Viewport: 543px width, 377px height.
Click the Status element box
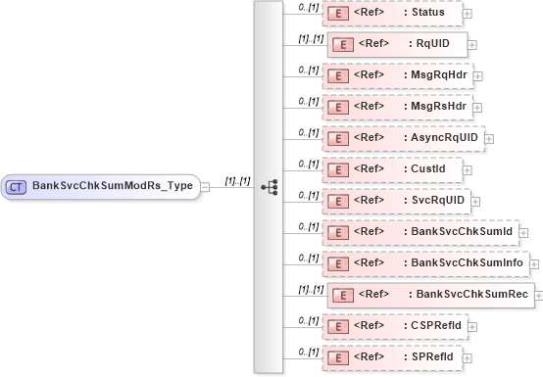click(392, 13)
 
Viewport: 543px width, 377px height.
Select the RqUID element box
click(397, 44)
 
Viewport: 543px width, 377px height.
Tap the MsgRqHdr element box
click(402, 74)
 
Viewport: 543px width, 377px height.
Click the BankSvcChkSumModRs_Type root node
click(103, 185)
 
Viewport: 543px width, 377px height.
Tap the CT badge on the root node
click(17, 185)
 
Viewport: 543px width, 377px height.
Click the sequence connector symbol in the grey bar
click(269, 185)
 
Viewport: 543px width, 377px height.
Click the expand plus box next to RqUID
click(473, 44)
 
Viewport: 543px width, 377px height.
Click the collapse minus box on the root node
click(205, 185)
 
